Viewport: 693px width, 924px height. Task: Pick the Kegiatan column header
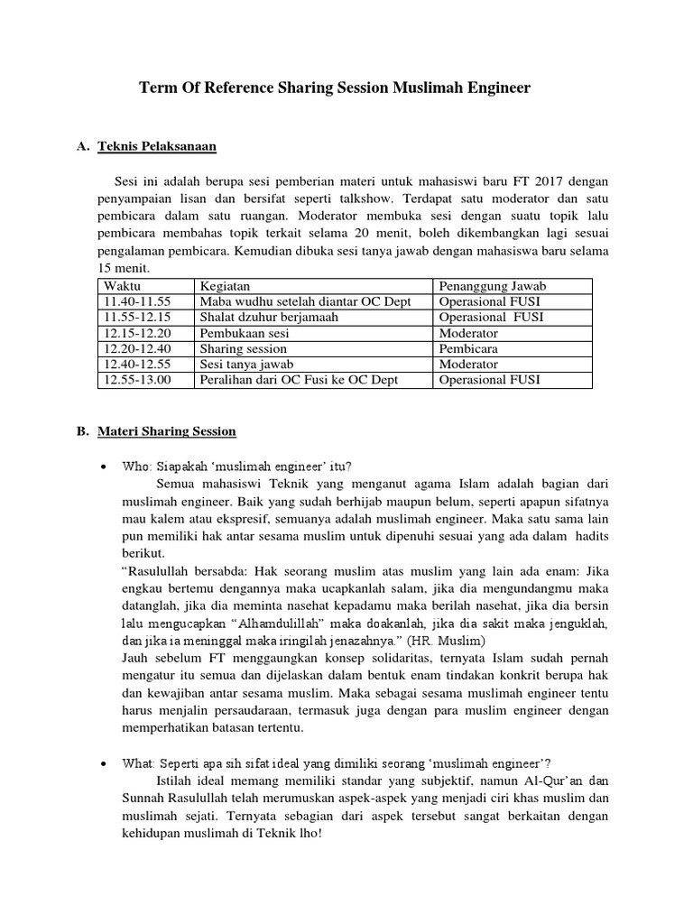click(x=226, y=286)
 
